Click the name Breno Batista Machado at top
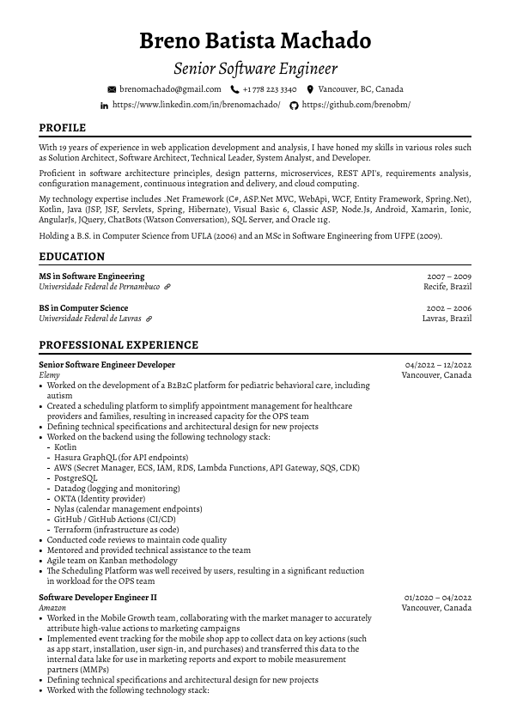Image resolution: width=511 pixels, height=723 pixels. coord(255,40)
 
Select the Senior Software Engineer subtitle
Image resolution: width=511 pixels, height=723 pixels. coord(255,69)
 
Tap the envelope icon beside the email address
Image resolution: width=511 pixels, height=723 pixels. coord(111,89)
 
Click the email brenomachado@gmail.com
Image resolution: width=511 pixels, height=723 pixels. coord(170,89)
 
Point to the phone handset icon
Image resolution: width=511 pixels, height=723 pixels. coord(234,89)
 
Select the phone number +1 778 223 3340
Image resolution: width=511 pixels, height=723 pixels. coord(270,89)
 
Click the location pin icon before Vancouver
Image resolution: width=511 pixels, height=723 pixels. coord(310,89)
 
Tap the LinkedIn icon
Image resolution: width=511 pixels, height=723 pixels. coord(105,105)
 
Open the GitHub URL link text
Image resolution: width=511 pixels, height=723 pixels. coord(356,105)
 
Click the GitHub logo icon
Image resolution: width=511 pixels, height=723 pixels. coord(294,105)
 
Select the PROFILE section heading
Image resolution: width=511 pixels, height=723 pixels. coord(63,128)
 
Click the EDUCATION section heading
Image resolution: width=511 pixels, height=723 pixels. coord(72,257)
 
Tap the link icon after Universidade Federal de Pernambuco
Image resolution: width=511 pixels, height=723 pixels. coord(167,287)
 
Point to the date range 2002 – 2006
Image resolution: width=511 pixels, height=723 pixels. coord(448,308)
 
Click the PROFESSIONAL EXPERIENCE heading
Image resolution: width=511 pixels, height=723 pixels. coord(119,345)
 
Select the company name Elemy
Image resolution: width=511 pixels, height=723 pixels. coord(49,375)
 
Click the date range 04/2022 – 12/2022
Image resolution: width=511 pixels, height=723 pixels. coord(438,365)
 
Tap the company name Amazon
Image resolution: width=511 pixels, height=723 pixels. coord(52,608)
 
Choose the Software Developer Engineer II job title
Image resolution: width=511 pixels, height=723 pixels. coord(98,598)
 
